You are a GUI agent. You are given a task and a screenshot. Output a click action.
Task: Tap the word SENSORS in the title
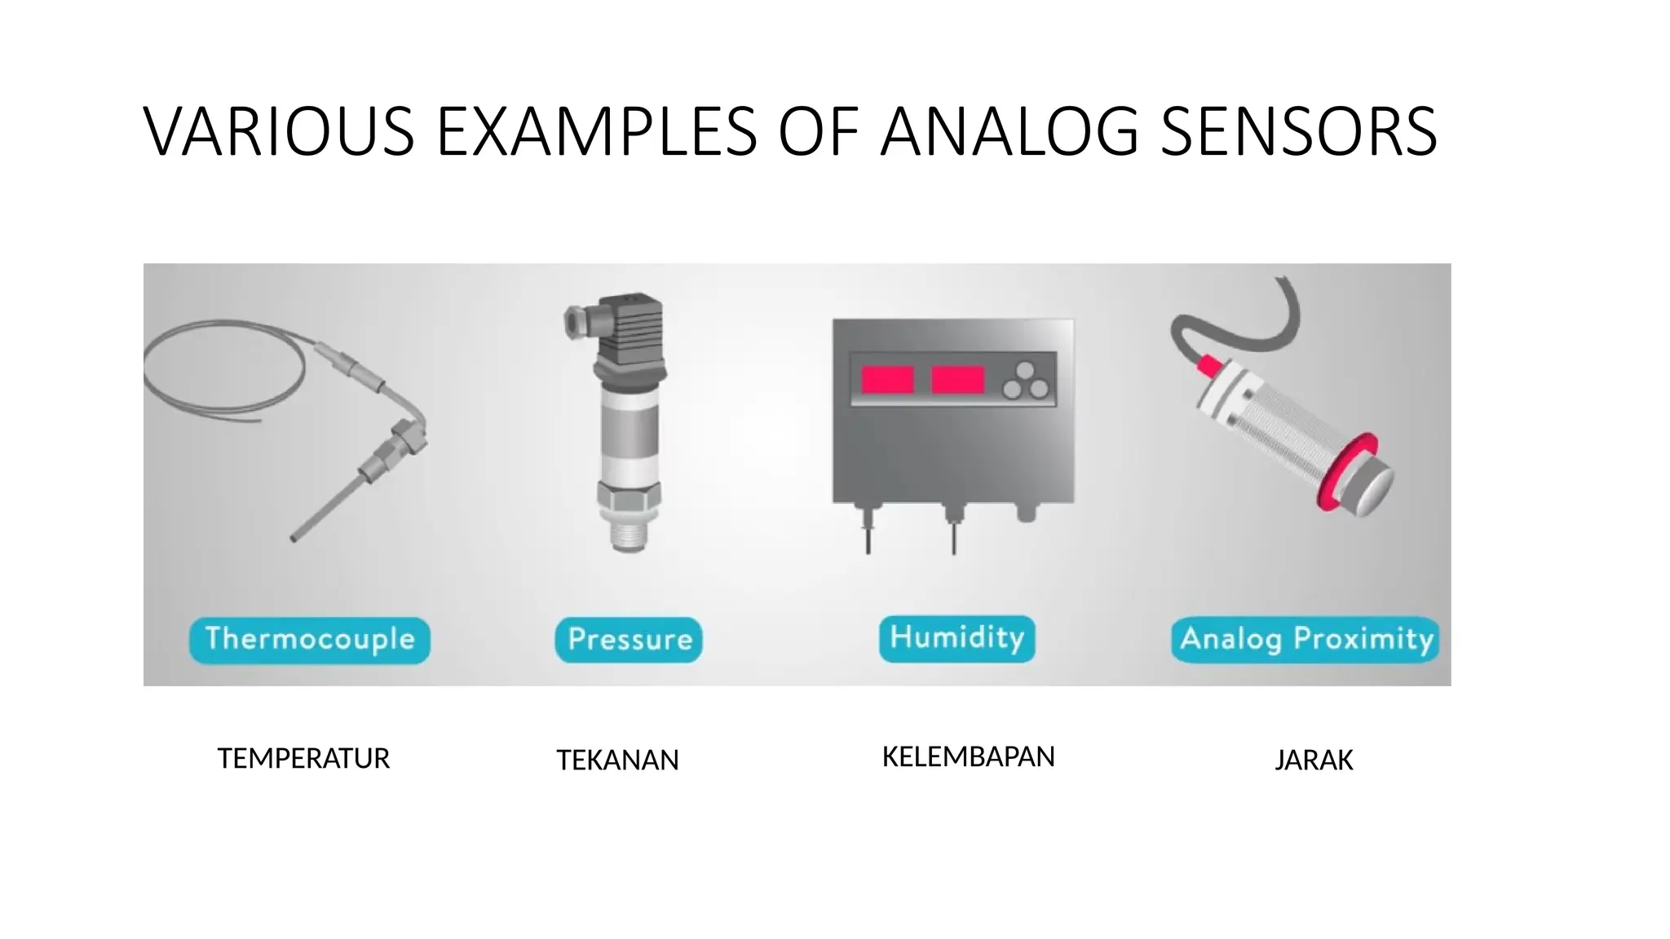tap(1298, 131)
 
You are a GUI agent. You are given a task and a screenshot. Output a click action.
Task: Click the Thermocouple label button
tap(310, 640)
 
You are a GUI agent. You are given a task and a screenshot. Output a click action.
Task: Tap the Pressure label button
tap(629, 640)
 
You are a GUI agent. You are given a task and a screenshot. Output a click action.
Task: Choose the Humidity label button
tap(956, 638)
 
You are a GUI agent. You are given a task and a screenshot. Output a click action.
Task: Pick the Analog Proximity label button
tap(1306, 640)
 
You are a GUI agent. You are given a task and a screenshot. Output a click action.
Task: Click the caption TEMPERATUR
tap(303, 759)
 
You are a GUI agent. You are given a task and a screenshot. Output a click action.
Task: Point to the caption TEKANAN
tap(617, 760)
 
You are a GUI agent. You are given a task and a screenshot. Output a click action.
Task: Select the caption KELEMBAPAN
tap(968, 757)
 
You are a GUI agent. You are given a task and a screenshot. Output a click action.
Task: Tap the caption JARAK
tap(1314, 760)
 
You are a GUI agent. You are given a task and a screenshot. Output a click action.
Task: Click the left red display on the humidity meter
tap(887, 380)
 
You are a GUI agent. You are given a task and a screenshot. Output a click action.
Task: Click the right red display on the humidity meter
tap(957, 380)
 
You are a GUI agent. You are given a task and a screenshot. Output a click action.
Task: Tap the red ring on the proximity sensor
tap(1347, 473)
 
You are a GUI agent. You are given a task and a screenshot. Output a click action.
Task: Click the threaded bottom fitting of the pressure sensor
tap(629, 530)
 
